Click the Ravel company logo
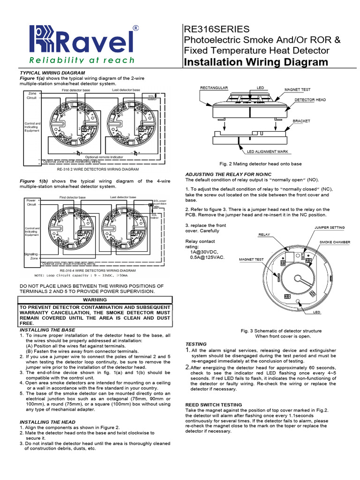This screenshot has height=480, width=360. pos(82,40)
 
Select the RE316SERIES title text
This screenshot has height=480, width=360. pos(213,29)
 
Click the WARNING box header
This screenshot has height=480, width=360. pos(95,300)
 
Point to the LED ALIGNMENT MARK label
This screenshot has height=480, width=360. pos(268,152)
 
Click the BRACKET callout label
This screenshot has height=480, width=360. pos(301,121)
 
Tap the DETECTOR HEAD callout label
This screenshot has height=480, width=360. pos(310,100)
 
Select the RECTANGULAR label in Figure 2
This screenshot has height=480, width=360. pos(214,88)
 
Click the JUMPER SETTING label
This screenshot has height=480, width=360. pos(329,227)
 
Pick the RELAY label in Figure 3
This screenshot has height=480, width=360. pos(264,234)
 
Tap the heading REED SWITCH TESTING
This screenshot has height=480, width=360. pos(214,405)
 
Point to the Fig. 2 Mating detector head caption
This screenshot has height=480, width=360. pos(261,164)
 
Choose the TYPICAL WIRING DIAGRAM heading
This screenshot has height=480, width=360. pos(52,73)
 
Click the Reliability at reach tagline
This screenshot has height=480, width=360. pos(82,60)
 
